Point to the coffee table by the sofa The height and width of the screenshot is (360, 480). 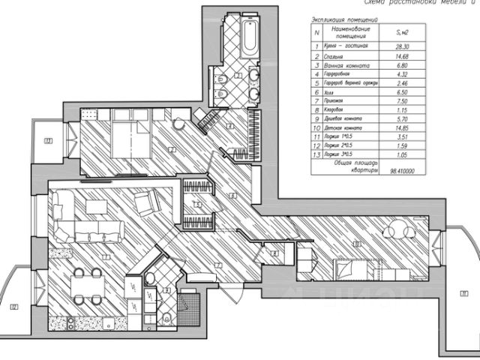tap(95, 205)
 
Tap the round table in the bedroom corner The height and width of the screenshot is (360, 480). tap(178, 124)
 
